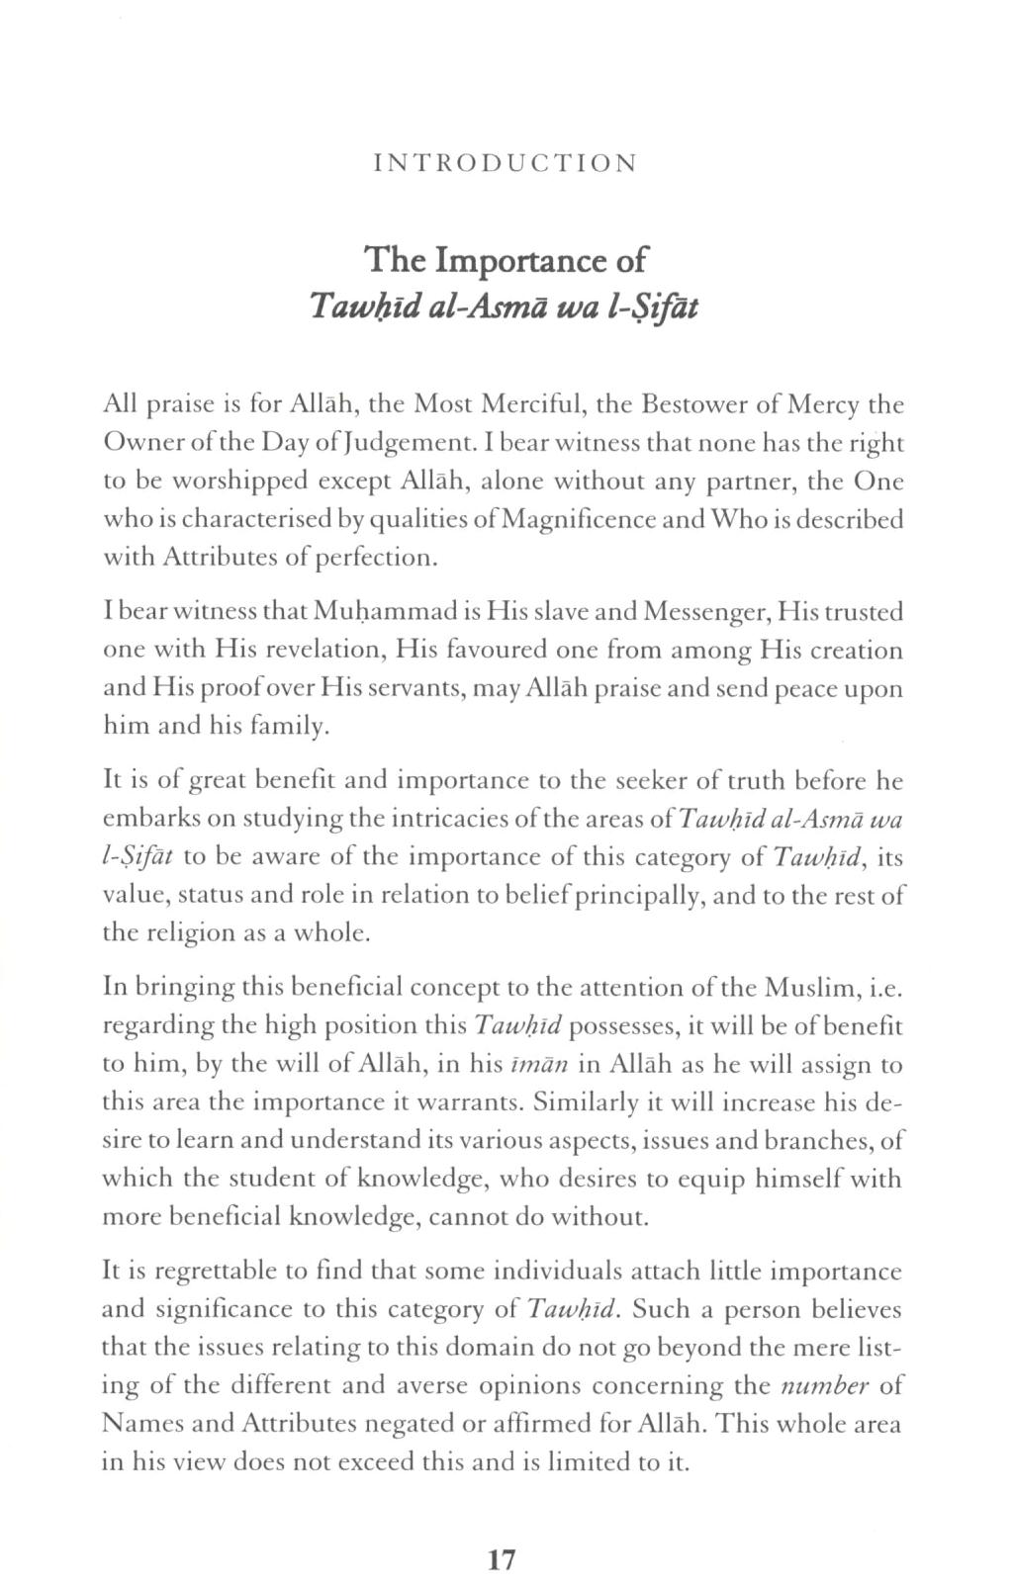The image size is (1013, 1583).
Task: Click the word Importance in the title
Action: coord(524,261)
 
